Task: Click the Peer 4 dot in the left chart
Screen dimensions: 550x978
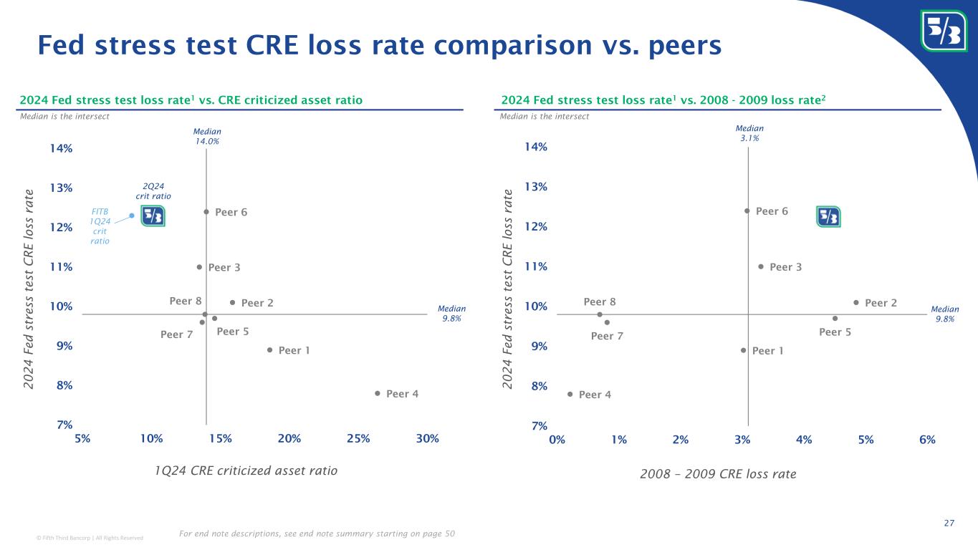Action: point(378,393)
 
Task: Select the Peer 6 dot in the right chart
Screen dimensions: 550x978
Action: point(747,211)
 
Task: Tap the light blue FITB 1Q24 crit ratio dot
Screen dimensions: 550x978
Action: point(132,216)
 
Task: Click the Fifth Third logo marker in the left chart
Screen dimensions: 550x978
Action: point(153,216)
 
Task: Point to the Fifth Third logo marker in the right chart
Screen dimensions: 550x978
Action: point(828,216)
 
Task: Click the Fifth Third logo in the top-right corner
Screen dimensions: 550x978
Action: point(944,31)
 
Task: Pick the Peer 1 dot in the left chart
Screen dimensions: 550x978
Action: point(269,350)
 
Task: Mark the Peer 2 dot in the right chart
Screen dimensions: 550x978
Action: point(856,302)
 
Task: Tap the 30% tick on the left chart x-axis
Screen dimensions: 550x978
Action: point(427,438)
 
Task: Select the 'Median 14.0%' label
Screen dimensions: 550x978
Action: point(207,136)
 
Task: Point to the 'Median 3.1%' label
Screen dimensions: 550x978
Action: point(749,133)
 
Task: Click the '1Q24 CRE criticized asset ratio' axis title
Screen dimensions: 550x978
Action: point(246,471)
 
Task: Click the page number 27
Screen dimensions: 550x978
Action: point(949,524)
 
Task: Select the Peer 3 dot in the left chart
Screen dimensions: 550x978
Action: point(199,267)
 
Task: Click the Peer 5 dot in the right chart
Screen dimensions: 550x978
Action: point(835,319)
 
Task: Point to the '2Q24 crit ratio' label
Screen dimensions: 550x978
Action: point(153,191)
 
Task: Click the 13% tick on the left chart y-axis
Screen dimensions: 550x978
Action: point(61,188)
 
